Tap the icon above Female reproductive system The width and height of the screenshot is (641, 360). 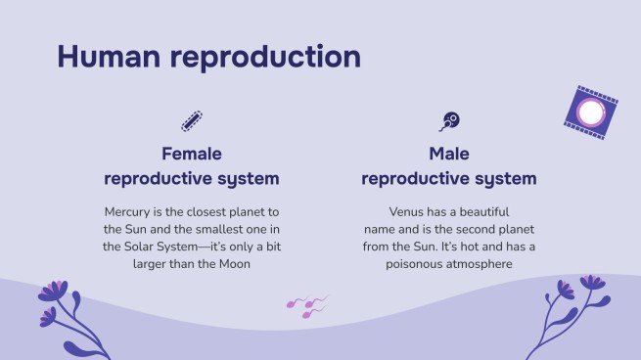pyautogui.click(x=192, y=121)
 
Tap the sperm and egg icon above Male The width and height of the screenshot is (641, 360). pyautogui.click(x=449, y=121)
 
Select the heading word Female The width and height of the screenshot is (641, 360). pyautogui.click(x=192, y=154)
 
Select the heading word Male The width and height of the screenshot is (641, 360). pyautogui.click(x=449, y=154)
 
